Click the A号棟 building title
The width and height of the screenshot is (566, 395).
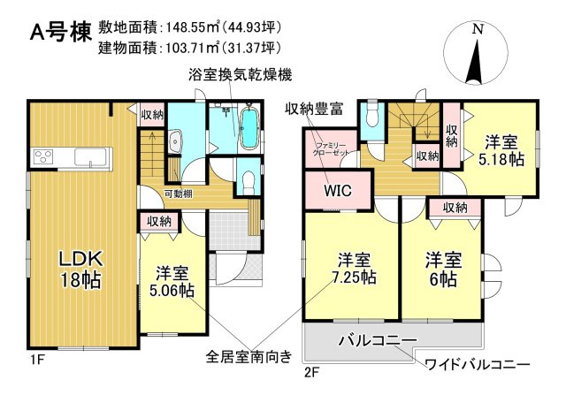59,33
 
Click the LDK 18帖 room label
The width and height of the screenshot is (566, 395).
81,269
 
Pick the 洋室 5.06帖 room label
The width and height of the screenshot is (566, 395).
172,281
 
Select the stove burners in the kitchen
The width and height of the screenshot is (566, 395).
43,158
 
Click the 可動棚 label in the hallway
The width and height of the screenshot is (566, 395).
180,194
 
